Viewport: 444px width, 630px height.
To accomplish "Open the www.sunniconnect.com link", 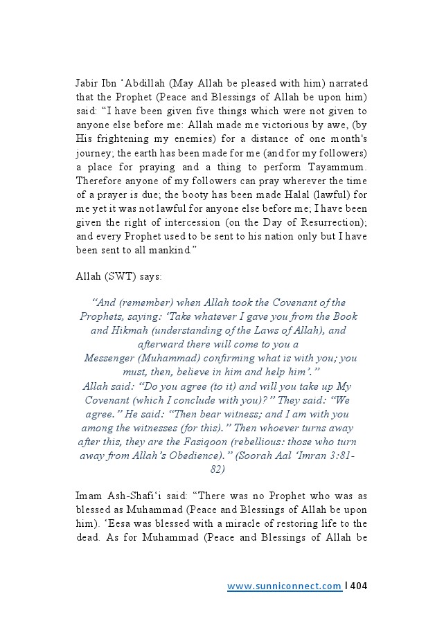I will point(284,586).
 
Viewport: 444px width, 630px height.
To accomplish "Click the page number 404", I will point(358,586).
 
